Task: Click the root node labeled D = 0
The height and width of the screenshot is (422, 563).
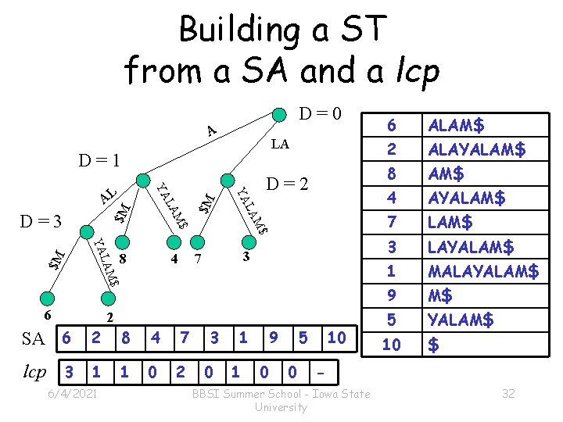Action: [x=278, y=113]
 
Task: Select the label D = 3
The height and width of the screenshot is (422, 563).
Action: [x=39, y=221]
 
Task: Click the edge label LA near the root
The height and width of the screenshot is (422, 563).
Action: [x=279, y=144]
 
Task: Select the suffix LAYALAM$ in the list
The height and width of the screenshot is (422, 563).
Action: [x=470, y=247]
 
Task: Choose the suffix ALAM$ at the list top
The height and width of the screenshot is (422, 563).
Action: [x=456, y=124]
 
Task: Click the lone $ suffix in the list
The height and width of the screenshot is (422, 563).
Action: [x=433, y=345]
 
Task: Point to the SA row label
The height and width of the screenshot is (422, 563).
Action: [x=33, y=338]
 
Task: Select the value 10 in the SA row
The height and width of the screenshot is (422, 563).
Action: [x=337, y=338]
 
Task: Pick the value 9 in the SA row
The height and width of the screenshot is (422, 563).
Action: [x=272, y=338]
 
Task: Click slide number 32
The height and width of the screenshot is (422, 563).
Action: [x=508, y=394]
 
